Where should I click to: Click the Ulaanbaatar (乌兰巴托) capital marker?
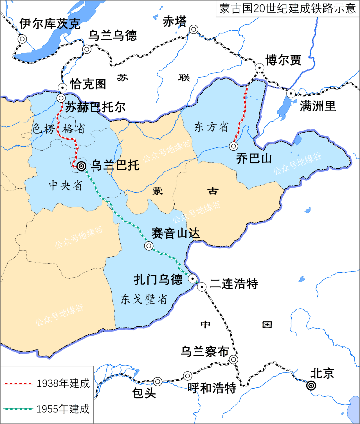click(81, 166)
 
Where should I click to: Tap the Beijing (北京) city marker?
click(311, 386)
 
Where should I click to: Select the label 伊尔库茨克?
click(50, 24)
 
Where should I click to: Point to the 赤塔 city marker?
click(194, 29)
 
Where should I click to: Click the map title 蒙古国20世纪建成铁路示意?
click(288, 8)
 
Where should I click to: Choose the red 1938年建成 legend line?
click(18, 384)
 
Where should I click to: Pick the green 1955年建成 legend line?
click(18, 409)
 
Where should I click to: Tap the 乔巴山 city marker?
click(234, 146)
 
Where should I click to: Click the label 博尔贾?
click(283, 60)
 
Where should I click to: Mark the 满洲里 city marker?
click(291, 93)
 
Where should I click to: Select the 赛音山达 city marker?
click(149, 246)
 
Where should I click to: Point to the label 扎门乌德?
click(158, 279)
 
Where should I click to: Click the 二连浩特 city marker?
click(202, 286)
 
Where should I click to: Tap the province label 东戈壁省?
click(144, 299)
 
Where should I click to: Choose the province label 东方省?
click(212, 127)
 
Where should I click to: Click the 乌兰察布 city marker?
click(234, 359)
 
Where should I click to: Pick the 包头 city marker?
click(157, 381)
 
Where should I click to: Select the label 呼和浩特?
click(212, 388)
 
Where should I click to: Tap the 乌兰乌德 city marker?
click(87, 49)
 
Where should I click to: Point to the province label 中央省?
click(65, 185)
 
